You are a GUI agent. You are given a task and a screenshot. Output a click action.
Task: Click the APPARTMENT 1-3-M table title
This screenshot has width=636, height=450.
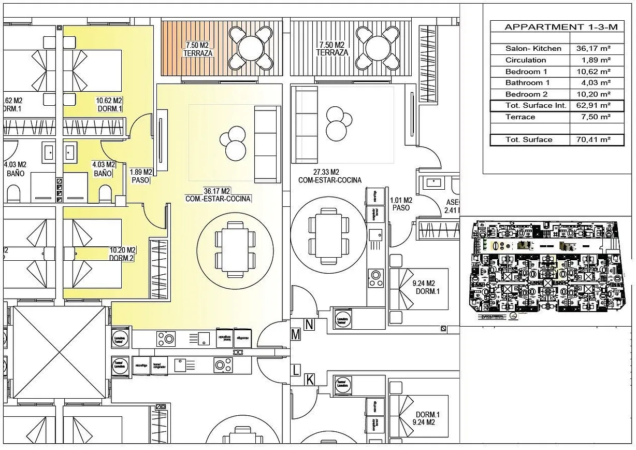tap(554, 27)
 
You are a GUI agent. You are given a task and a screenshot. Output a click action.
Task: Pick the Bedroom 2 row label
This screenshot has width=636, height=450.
tap(526, 94)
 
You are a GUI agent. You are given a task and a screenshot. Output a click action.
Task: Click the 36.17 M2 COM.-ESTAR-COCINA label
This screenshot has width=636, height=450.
tap(218, 194)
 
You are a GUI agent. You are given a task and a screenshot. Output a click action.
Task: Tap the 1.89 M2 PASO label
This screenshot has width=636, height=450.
tap(140, 176)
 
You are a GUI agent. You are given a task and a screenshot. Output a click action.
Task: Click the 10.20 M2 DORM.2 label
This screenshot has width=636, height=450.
tap(122, 254)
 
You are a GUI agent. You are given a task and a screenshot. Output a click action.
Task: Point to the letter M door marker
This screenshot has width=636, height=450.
tap(296, 335)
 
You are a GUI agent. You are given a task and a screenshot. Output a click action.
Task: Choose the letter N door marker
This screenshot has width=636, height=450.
tap(309, 325)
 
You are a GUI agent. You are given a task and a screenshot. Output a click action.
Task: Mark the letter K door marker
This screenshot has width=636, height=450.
tap(309, 380)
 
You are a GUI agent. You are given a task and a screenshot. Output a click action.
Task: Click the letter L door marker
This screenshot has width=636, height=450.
tap(296, 370)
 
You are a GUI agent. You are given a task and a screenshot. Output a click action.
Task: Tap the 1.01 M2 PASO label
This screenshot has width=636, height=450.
tap(401, 204)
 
